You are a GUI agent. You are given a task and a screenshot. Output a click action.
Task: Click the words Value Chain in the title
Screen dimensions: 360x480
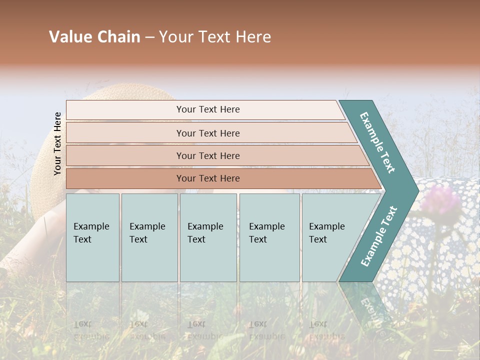tap(94, 37)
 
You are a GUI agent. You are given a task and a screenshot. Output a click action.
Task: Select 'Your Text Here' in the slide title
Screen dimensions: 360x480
tap(215, 37)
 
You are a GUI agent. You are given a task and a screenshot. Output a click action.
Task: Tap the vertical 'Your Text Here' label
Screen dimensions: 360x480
tap(57, 143)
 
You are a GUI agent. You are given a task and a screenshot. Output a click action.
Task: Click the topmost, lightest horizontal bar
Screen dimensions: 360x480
tap(205, 109)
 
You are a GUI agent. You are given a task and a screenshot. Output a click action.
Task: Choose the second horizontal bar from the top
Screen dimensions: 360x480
tap(207, 133)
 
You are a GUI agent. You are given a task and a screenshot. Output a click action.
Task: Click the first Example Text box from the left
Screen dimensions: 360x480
tap(92, 237)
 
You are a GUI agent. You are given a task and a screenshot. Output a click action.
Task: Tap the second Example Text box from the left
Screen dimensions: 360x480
tap(149, 237)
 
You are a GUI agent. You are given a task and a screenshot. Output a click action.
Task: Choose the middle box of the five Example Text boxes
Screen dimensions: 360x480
tap(208, 237)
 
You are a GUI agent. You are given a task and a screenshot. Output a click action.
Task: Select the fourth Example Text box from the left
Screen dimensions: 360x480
tap(269, 237)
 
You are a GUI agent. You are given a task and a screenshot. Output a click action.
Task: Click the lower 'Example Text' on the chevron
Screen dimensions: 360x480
tap(379, 236)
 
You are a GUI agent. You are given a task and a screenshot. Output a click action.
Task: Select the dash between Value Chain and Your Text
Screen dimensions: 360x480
tap(149, 37)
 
